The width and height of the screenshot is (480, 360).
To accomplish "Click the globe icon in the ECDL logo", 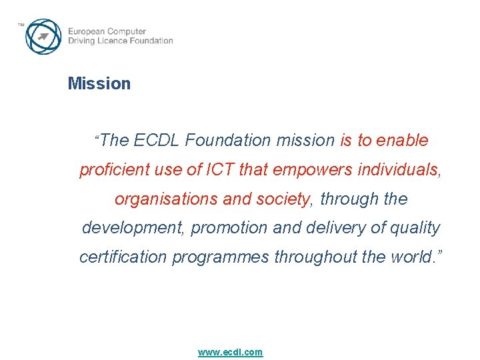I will (x=43, y=36).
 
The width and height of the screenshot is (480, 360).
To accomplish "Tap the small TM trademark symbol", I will (x=21, y=25).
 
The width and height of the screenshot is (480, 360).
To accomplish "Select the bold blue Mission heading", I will (x=99, y=84).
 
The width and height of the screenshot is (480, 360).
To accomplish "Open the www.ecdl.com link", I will (x=230, y=352).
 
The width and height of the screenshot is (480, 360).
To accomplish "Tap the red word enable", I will (x=402, y=141).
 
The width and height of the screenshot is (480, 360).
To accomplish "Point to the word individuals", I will (x=399, y=170).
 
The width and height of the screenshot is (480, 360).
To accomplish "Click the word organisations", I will (x=160, y=199).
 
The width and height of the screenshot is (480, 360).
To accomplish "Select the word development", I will (x=133, y=228).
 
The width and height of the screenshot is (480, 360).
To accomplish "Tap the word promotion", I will (x=229, y=228).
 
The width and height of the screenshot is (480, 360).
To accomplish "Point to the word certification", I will (x=123, y=257).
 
